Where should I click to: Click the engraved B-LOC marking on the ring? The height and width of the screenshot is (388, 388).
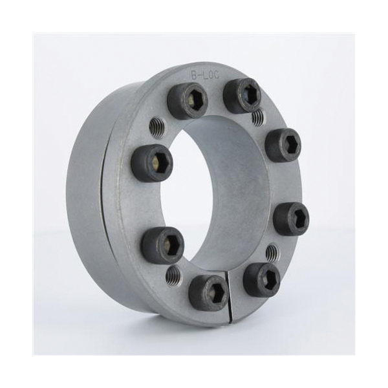(204, 75)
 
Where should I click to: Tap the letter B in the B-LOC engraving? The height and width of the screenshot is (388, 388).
(193, 76)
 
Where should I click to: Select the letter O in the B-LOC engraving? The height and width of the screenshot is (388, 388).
(210, 76)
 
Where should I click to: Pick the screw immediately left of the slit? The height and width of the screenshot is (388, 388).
(208, 293)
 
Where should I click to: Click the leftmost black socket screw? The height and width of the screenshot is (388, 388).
(151, 162)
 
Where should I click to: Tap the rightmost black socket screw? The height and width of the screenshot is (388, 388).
(291, 217)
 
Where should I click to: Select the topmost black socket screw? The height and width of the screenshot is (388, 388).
(242, 94)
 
